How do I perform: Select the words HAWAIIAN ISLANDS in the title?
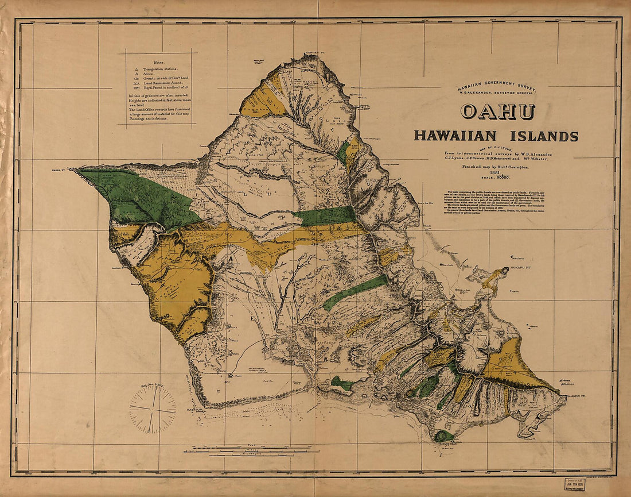(x=496, y=136)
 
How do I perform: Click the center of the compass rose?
(x=152, y=409)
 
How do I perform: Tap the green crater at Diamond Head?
(x=444, y=436)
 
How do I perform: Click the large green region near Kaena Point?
(x=141, y=195)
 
